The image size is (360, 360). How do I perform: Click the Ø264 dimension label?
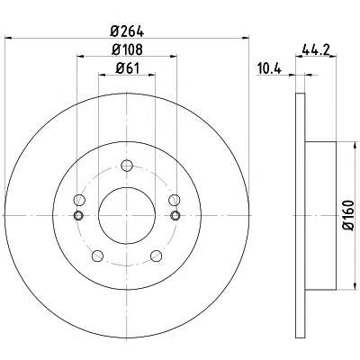point(127,31)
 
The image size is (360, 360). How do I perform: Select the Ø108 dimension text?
point(127,49)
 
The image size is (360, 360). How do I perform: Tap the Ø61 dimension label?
point(128,69)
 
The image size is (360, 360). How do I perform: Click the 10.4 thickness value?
point(269,69)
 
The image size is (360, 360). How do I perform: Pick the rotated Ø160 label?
point(348,215)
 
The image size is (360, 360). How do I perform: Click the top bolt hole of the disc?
point(127,166)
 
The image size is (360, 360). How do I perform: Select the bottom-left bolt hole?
point(97,256)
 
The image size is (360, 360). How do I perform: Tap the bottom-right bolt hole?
point(157,256)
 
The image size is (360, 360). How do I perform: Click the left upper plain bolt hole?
point(79,200)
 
